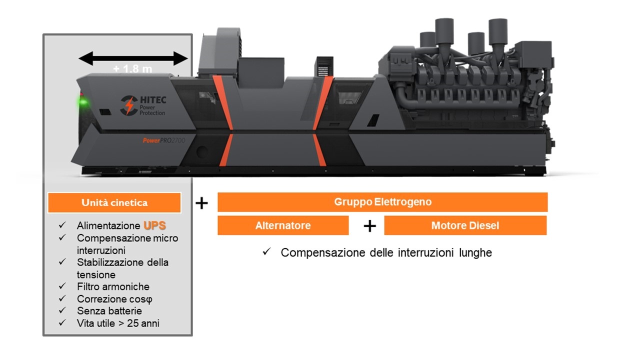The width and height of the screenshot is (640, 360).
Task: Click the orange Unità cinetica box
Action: [x=114, y=202]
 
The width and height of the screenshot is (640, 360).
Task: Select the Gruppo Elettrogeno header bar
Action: [x=382, y=202]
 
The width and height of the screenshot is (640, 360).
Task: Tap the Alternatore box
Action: [x=283, y=225]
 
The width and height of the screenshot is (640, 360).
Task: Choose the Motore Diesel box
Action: [x=465, y=225]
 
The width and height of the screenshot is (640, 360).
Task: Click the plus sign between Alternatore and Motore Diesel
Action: [x=369, y=226]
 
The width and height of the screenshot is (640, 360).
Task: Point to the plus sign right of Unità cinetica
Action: [x=201, y=203]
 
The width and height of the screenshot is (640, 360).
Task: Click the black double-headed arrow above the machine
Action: [x=133, y=59]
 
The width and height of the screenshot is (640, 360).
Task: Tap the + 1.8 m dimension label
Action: [x=132, y=69]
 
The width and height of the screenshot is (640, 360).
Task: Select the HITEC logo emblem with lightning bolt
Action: [x=129, y=105]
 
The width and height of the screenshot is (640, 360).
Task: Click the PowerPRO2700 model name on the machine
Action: [x=163, y=141]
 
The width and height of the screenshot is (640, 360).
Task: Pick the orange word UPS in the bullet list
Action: [x=154, y=225]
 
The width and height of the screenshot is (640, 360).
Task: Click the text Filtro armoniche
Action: [x=113, y=286]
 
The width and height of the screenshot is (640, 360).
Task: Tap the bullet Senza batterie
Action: [x=109, y=311]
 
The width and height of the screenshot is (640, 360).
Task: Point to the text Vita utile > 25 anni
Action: [x=118, y=323]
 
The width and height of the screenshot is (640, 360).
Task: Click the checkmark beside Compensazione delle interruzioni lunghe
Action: [x=266, y=252]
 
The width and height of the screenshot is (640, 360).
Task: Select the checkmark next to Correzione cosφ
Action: [x=62, y=298]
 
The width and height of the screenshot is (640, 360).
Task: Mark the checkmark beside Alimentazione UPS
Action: [x=62, y=225]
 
